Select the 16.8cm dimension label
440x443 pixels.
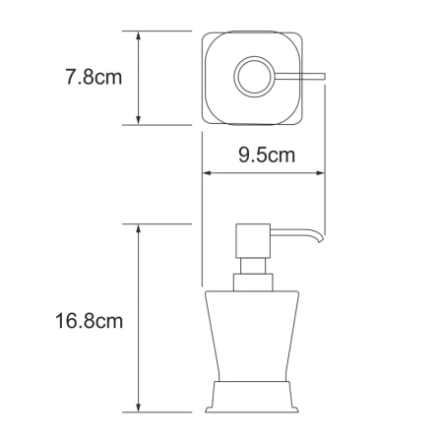88,321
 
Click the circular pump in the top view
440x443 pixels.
251,76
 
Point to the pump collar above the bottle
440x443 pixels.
250,283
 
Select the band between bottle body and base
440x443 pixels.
250,384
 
